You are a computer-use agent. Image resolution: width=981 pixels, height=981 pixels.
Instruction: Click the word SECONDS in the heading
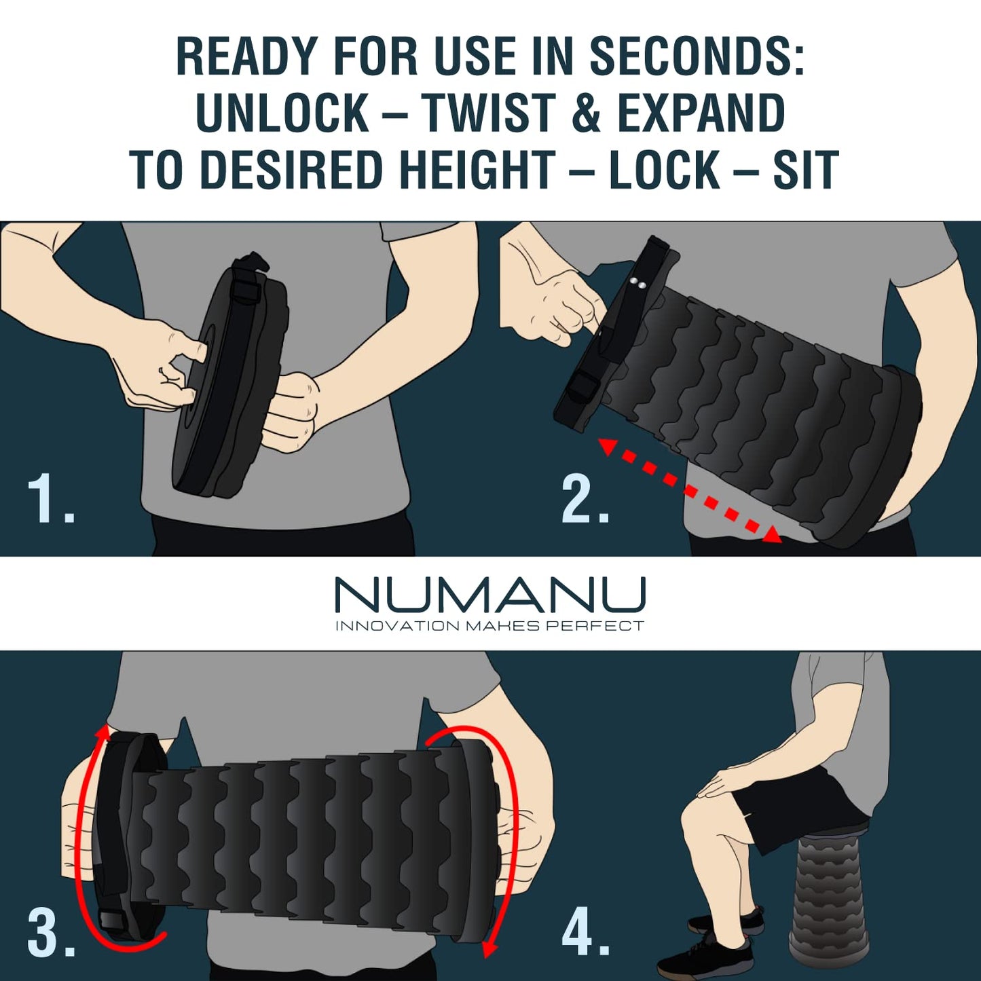pyautogui.click(x=697, y=56)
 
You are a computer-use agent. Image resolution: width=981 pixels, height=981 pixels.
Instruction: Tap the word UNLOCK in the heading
pyautogui.click(x=282, y=113)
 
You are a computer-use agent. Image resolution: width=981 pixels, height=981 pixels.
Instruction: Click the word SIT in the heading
pyautogui.click(x=806, y=170)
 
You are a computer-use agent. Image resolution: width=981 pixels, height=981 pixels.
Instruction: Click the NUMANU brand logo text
pyautogui.click(x=489, y=595)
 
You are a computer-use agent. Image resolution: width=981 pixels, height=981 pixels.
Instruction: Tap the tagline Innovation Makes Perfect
pyautogui.click(x=489, y=626)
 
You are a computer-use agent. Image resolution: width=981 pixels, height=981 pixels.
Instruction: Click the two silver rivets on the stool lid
pyautogui.click(x=637, y=284)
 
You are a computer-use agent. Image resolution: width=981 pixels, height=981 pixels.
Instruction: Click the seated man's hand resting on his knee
pyautogui.click(x=723, y=781)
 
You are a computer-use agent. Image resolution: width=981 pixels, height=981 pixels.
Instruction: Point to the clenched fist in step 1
pyautogui.click(x=292, y=411)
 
